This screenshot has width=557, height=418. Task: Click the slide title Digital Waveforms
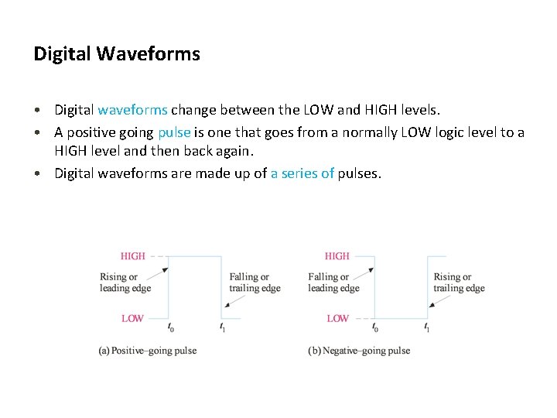point(117,54)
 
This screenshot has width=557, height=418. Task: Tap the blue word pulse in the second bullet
point(174,132)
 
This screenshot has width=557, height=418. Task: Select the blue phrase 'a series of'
point(302,173)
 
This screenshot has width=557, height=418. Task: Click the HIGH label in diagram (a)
point(132,255)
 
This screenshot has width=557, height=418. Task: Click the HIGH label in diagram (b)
point(337,255)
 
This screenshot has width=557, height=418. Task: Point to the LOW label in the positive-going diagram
point(132,318)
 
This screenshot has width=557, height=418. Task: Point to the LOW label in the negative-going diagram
point(337,318)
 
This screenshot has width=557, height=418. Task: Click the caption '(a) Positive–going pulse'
point(147,351)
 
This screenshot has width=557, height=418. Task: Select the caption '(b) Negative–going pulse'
point(359,351)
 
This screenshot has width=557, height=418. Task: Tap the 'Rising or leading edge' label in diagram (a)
point(125,283)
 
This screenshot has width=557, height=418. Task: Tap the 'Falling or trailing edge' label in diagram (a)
point(255,283)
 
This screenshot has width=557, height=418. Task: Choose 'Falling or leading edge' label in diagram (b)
point(333,283)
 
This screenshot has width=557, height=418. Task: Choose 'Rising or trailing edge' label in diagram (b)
point(459,283)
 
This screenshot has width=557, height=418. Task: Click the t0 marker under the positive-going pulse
point(170,328)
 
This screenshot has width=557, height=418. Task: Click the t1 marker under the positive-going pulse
point(222,328)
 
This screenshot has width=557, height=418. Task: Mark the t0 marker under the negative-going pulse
point(375,328)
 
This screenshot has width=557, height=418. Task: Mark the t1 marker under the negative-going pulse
point(426,328)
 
